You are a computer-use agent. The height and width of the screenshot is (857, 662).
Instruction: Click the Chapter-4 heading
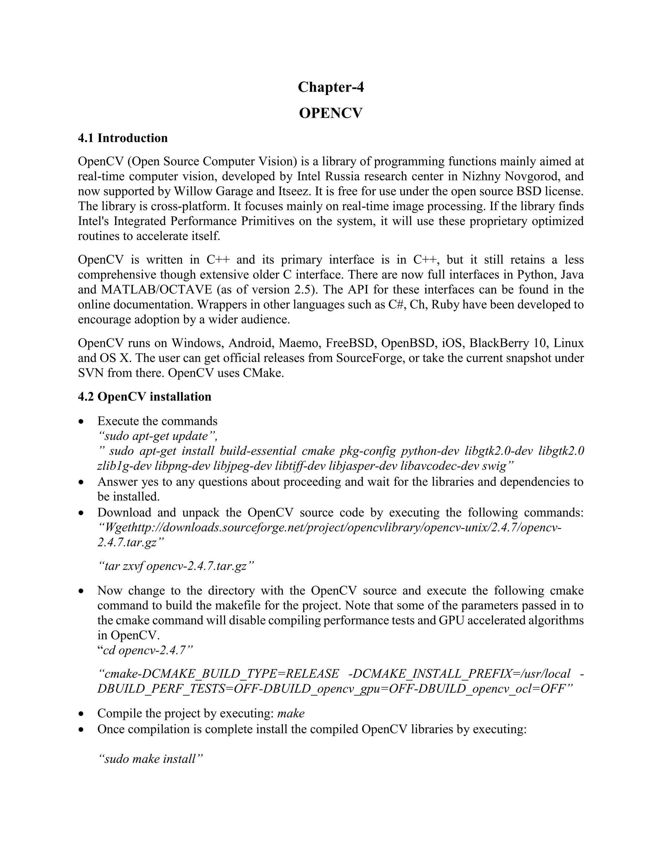331,87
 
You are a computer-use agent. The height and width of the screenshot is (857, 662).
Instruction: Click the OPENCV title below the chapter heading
331,113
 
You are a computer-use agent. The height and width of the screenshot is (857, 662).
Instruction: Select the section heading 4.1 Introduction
123,138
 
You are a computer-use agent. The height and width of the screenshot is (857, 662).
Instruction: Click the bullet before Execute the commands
81,421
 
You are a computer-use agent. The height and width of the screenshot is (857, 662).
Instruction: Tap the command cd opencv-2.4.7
145,650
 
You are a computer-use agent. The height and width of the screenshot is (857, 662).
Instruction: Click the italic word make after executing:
291,713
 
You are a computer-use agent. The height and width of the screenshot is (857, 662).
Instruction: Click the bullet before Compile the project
81,714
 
